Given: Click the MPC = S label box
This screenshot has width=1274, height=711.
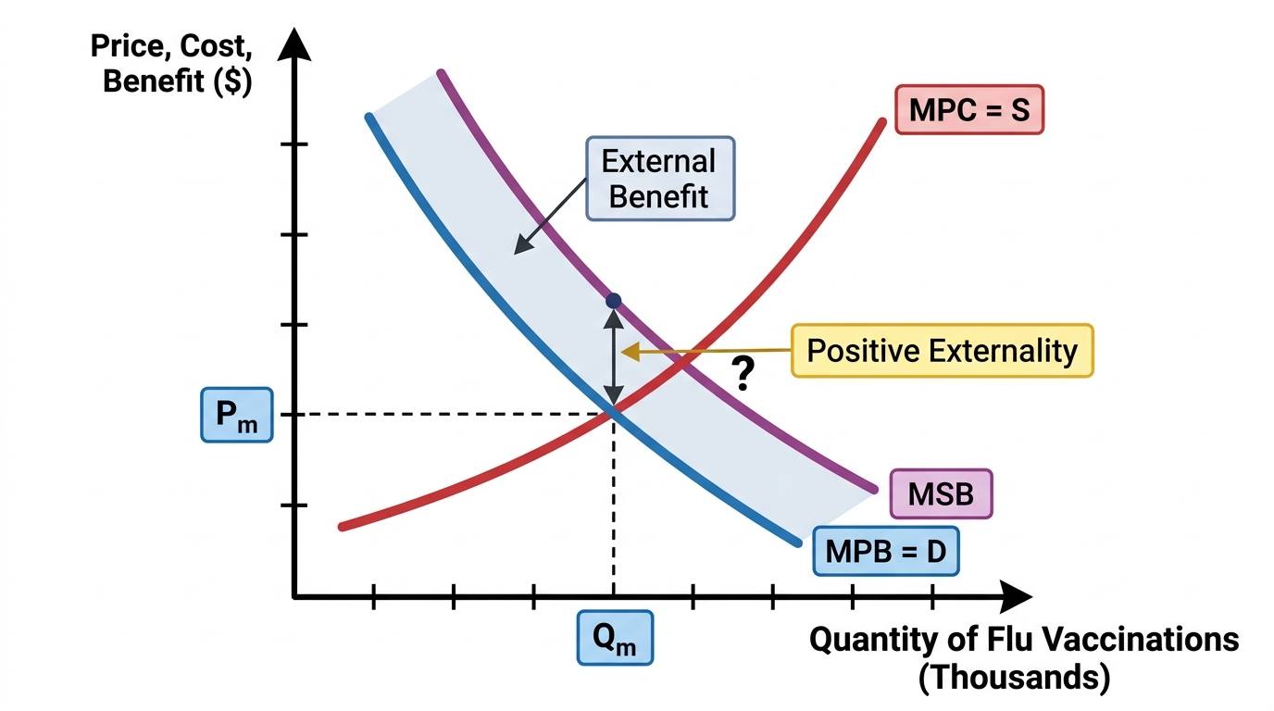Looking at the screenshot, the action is click(x=969, y=110).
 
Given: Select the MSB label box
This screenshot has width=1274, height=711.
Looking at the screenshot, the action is click(x=942, y=493).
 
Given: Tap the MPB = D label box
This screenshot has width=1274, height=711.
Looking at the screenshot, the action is click(x=886, y=551).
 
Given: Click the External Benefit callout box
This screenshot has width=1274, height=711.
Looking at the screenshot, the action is click(x=660, y=179).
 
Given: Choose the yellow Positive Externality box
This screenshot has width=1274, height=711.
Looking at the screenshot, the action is click(x=943, y=350).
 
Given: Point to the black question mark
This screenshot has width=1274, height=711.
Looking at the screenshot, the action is click(x=743, y=373).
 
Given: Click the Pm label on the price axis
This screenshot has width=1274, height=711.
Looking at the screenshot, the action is click(x=237, y=415).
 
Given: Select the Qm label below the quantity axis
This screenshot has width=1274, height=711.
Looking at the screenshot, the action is click(x=615, y=638).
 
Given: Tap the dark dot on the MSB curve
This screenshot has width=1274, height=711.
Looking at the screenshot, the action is click(x=613, y=300).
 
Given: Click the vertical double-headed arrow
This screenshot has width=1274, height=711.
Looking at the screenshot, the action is click(x=613, y=357).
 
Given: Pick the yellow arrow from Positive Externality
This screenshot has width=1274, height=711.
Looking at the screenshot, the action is click(x=706, y=352).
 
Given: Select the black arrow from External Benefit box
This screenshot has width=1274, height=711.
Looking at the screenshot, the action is click(x=550, y=217).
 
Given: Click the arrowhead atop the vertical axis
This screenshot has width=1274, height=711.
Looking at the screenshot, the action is click(x=294, y=44).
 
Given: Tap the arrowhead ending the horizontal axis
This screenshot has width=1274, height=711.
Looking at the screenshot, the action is click(x=1016, y=597).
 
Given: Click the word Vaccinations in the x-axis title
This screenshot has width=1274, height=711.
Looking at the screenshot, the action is click(x=1118, y=639).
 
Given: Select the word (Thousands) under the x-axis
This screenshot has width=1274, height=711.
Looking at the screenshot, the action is click(x=1014, y=677).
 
